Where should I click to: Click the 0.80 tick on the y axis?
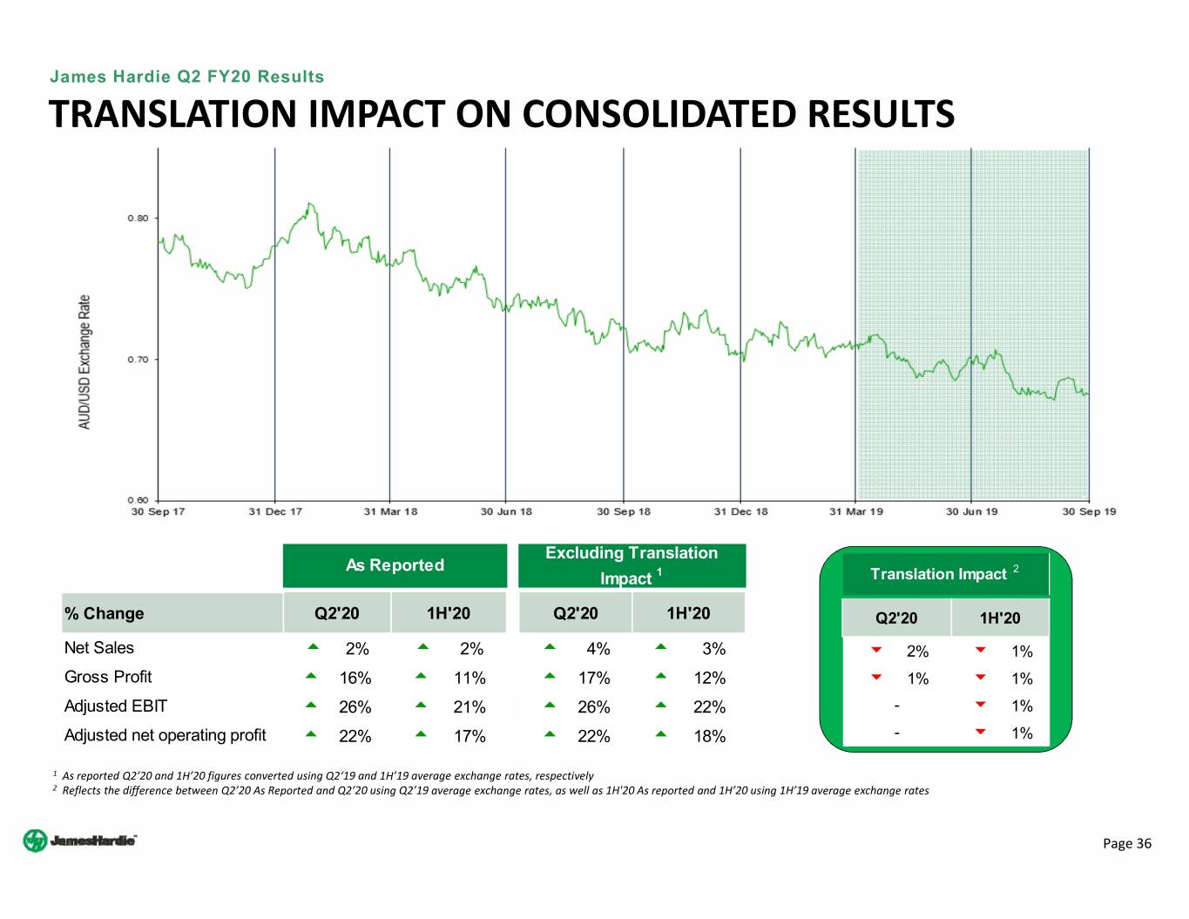tap(138, 218)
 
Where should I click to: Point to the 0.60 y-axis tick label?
tap(138, 500)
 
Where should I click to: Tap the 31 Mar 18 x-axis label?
tap(390, 511)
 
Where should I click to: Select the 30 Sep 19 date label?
tap(1089, 511)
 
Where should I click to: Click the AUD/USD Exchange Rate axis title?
tap(84, 362)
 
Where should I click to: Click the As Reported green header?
tap(395, 565)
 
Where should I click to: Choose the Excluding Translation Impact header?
tap(632, 565)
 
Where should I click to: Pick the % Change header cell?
tap(105, 613)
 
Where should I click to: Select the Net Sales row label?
tap(99, 648)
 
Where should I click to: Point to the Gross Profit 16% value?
tap(355, 678)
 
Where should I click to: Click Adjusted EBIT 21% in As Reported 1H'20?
tap(470, 707)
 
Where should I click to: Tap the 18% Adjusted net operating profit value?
tap(709, 736)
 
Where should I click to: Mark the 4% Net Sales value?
tap(598, 649)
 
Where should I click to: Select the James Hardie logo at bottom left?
tap(79, 841)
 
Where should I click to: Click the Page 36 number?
tap(1126, 843)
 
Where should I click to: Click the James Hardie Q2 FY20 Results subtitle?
tap(186, 77)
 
